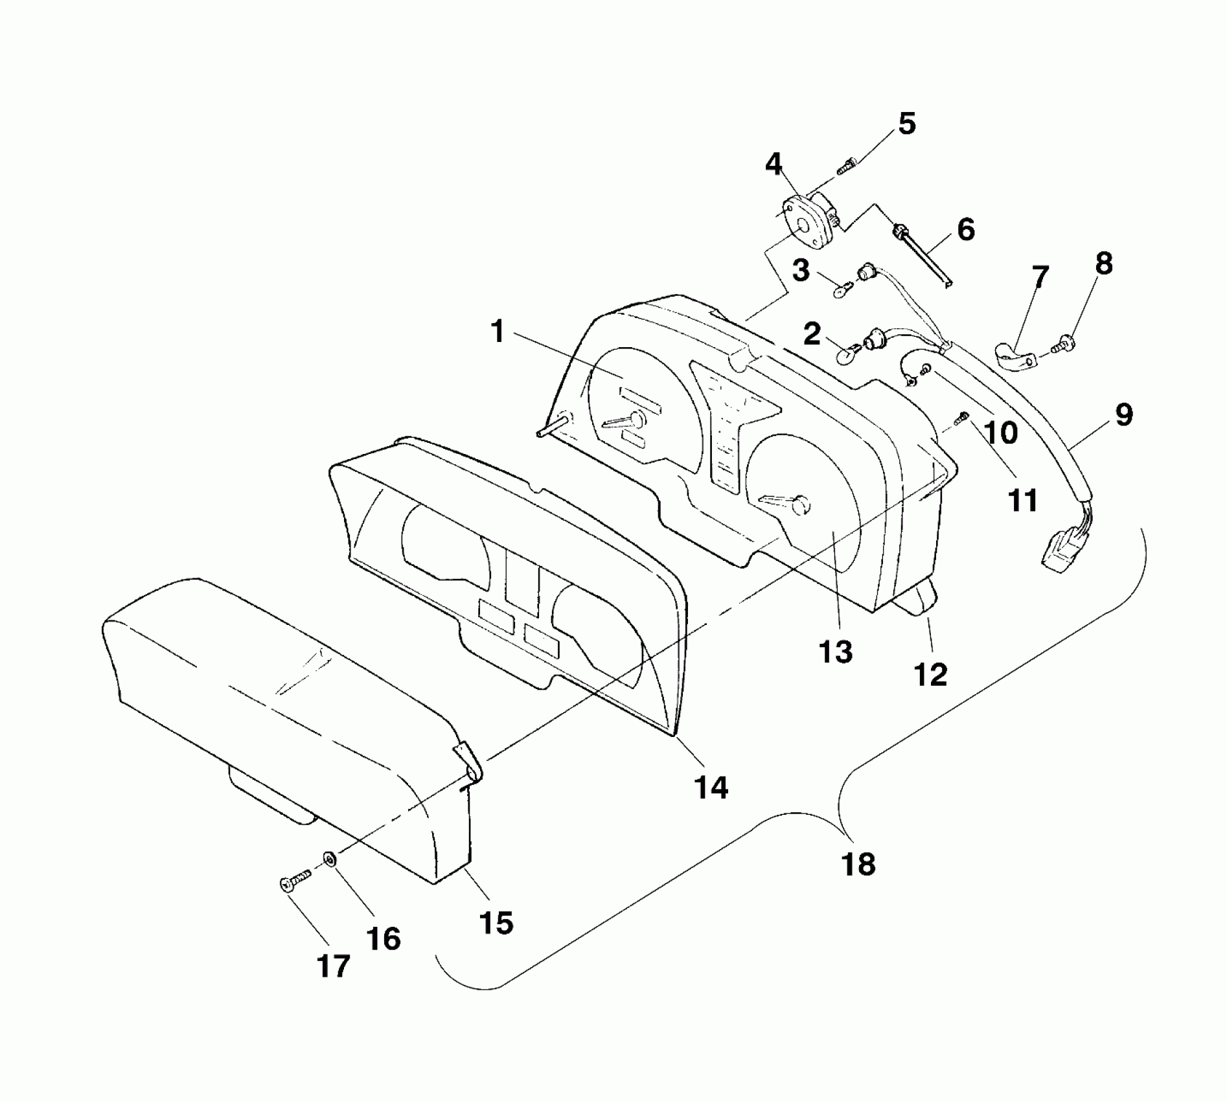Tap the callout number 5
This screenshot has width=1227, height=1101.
click(907, 123)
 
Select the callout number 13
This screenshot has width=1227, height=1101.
click(836, 652)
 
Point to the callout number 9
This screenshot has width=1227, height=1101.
click(1124, 414)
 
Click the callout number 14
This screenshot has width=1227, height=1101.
click(711, 788)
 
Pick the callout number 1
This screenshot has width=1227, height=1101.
click(498, 332)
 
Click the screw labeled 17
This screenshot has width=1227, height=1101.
click(295, 882)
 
